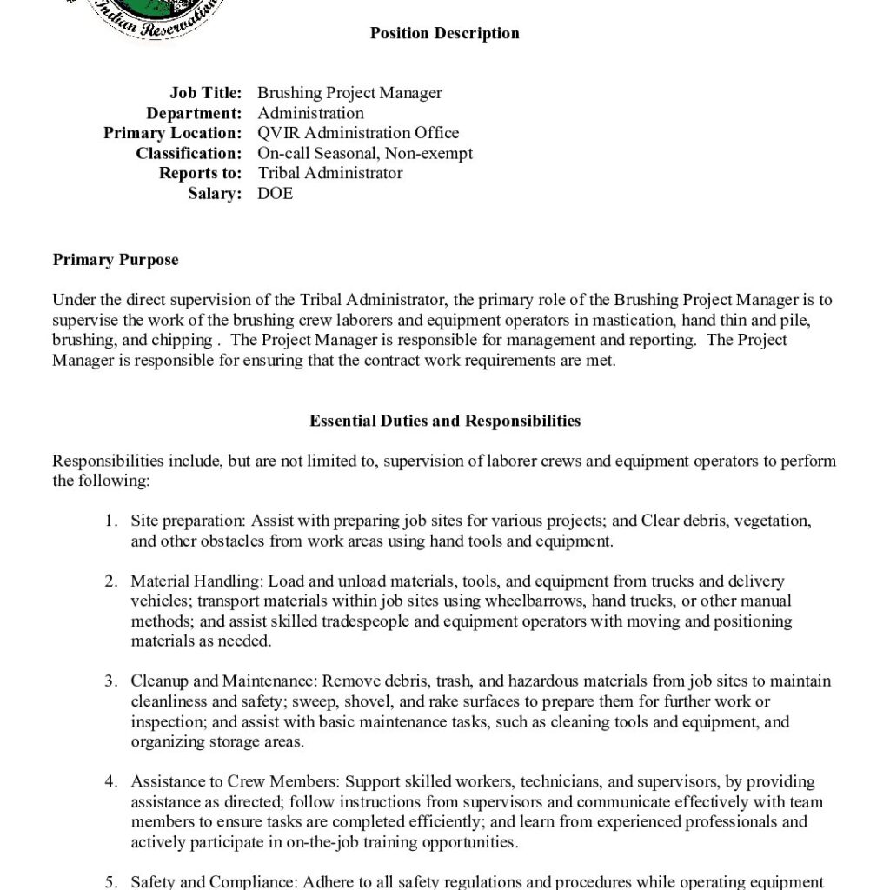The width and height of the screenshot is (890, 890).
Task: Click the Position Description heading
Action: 444,34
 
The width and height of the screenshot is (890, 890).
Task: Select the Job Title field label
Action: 205,93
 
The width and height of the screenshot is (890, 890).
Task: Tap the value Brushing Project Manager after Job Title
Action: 349,93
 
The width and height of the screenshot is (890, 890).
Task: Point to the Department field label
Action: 194,113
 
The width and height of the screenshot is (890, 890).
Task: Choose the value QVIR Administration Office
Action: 358,133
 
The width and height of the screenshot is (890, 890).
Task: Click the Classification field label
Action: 189,153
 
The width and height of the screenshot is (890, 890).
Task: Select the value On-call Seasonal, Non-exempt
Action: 365,153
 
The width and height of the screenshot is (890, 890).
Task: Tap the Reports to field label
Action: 200,173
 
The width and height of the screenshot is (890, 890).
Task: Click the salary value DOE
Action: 276,193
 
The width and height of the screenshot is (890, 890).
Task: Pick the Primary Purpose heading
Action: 116,260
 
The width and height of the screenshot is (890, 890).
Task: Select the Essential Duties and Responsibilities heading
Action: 445,421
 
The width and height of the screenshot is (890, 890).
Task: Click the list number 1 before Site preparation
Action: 110,521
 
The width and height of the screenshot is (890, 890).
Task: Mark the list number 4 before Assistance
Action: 110,782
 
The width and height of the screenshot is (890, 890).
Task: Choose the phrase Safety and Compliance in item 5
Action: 213,882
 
